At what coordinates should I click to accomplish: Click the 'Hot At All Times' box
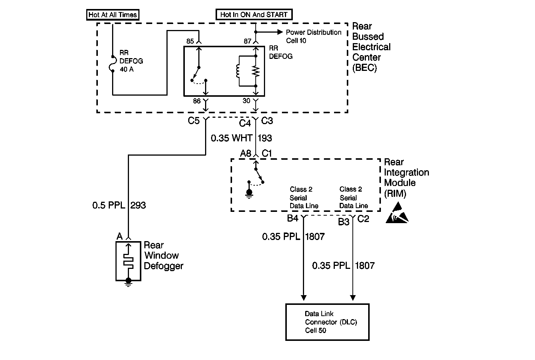coord(113,15)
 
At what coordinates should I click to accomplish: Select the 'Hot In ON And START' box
coord(254,15)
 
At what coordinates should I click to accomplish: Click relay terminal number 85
coord(190,41)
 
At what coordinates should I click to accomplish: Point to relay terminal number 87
coord(247,41)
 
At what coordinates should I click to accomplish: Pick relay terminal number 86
coord(197,101)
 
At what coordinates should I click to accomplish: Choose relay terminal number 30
coord(246,100)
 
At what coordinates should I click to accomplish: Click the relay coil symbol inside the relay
coord(238,71)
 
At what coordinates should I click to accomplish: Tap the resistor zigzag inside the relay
coord(256,71)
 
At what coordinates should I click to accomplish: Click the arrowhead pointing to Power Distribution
coord(280,32)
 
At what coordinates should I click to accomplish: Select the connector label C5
coord(193,121)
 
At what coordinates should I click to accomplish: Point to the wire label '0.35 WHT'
coord(231,138)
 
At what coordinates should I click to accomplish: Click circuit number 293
coord(138,205)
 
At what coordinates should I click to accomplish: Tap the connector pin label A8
coord(246,153)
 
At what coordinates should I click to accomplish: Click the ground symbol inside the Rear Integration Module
coord(249,193)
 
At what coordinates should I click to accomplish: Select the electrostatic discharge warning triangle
coord(397,213)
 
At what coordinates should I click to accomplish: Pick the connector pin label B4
coord(292,218)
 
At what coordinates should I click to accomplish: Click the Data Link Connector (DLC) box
coord(327,322)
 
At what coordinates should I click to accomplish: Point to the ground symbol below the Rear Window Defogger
coord(129,282)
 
